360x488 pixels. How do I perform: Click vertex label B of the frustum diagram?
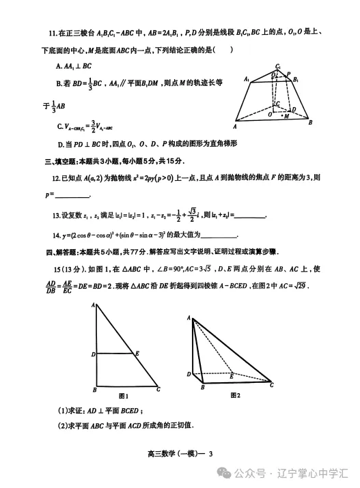(x=311, y=122)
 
